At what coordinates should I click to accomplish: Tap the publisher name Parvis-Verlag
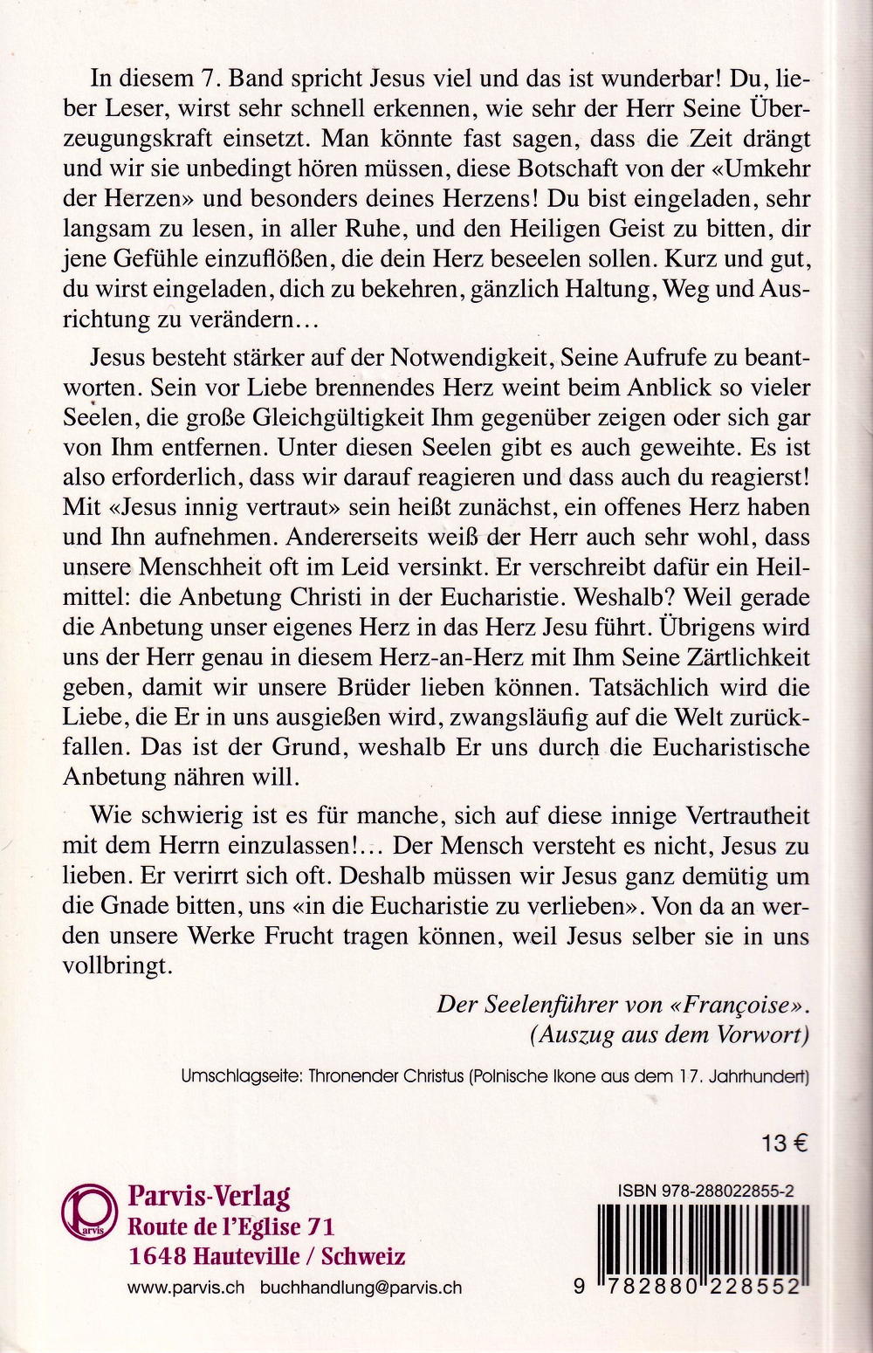tap(209, 1195)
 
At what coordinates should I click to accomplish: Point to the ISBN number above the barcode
tap(711, 1189)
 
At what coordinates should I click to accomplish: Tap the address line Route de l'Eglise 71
tap(230, 1226)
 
